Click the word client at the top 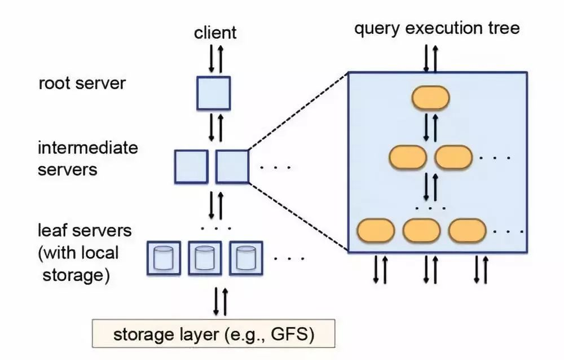click(x=215, y=32)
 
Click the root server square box click(x=213, y=93)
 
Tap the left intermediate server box click(x=191, y=166)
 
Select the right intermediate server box click(x=232, y=166)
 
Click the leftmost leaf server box click(x=164, y=257)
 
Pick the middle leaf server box click(x=204, y=257)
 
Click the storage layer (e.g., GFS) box click(x=213, y=334)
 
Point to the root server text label click(x=82, y=84)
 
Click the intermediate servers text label click(x=87, y=159)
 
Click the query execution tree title click(x=437, y=28)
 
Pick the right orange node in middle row click(x=453, y=157)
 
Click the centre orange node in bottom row click(x=421, y=230)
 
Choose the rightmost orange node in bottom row click(x=467, y=230)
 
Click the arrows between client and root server click(x=216, y=58)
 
